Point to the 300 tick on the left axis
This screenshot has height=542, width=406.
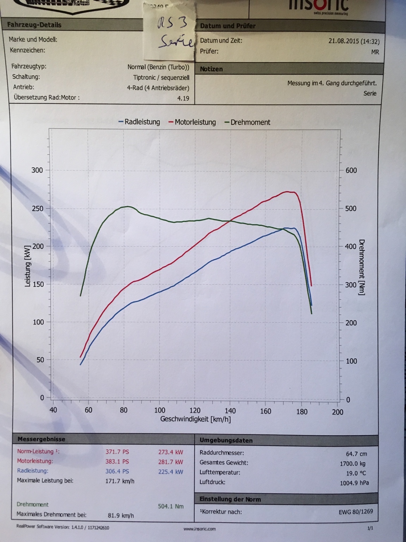[37, 170]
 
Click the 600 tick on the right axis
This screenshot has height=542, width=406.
[351, 170]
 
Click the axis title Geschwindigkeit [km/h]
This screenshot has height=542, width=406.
[196, 419]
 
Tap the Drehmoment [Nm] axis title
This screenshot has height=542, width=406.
[362, 267]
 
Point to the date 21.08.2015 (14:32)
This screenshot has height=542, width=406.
[354, 41]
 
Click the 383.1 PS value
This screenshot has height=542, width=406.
[117, 462]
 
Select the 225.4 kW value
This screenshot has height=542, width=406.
[171, 471]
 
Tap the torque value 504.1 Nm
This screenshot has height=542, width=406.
[171, 506]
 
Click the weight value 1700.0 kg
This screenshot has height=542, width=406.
[352, 463]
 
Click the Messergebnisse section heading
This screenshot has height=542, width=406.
[41, 439]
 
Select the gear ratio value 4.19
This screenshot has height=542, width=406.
[183, 98]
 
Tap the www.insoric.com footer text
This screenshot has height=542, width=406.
[199, 529]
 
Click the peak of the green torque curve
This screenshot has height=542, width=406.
[127, 206]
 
